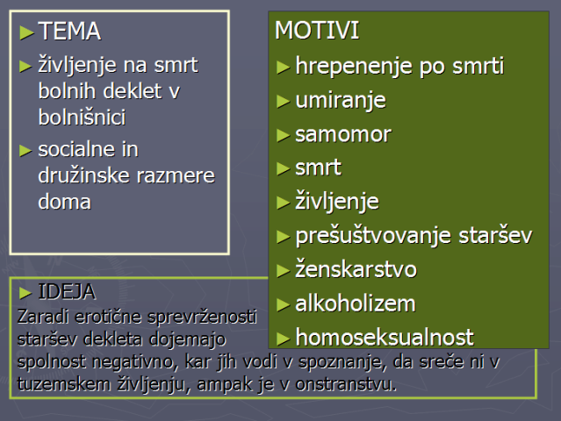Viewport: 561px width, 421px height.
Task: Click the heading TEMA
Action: tap(69, 31)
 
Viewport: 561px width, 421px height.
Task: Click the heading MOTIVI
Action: tap(317, 30)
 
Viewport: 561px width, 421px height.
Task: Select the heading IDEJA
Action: tap(67, 291)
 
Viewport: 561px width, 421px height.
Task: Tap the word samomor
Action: tap(343, 134)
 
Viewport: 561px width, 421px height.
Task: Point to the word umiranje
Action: tap(341, 101)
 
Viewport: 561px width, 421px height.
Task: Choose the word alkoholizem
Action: tap(356, 303)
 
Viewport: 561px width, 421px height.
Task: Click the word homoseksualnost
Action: tap(385, 337)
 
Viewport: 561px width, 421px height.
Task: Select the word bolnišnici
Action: tap(82, 117)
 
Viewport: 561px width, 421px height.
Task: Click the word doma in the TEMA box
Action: tap(64, 202)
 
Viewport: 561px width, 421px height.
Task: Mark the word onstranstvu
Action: tap(346, 384)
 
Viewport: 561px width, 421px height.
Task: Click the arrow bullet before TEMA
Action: tap(27, 32)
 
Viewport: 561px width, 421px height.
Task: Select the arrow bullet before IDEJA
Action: tap(25, 293)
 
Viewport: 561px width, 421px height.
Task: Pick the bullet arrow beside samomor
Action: tap(283, 135)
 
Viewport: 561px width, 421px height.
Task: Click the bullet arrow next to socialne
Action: tap(25, 151)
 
